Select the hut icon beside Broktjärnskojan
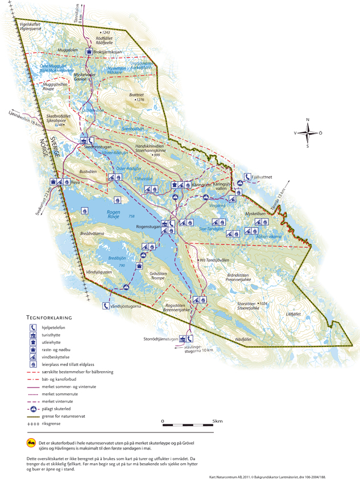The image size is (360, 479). [x=89, y=52]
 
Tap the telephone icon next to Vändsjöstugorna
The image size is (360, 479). [x=106, y=305]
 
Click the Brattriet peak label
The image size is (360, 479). [x=138, y=95]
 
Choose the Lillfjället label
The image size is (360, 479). [x=292, y=313]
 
